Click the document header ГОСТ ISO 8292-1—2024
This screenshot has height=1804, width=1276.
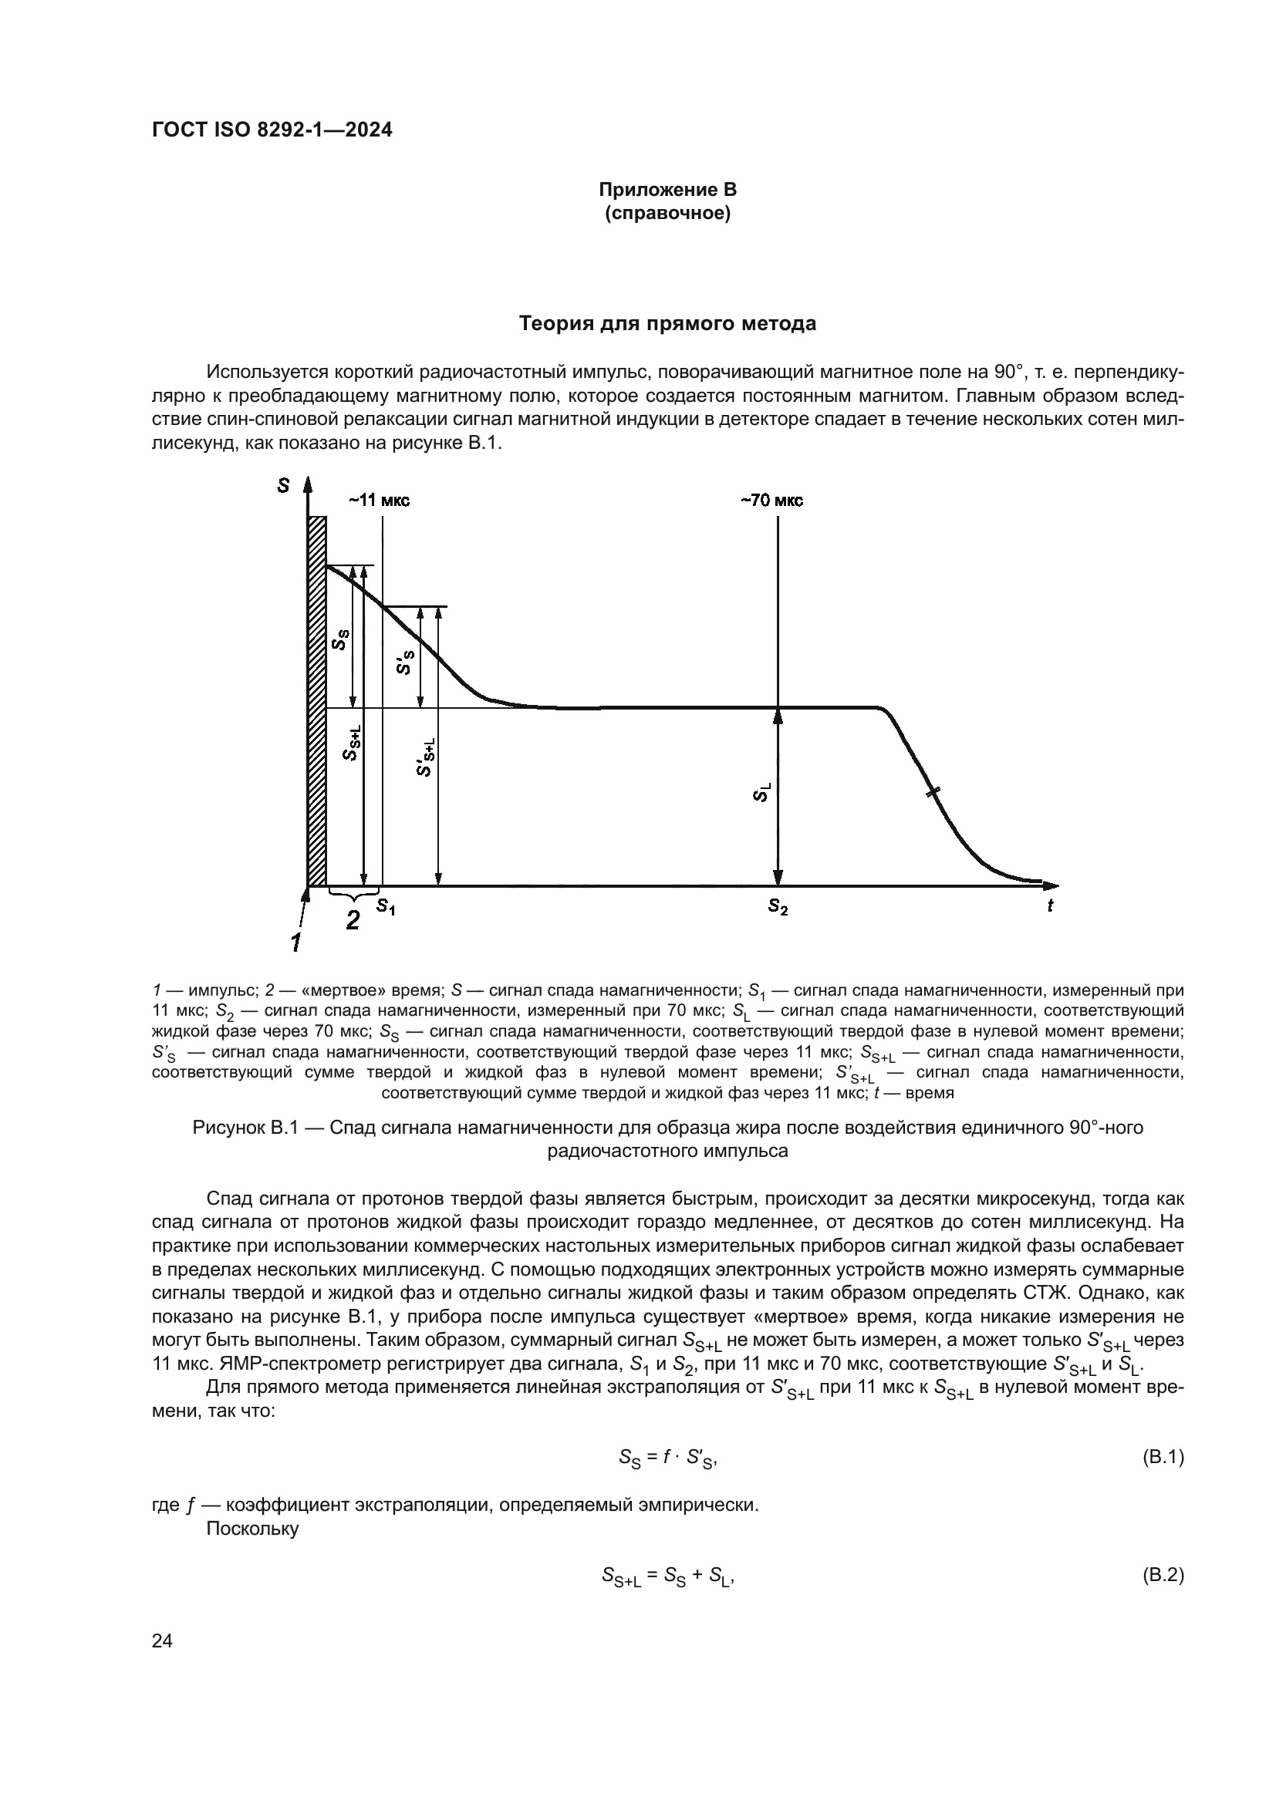pyautogui.click(x=272, y=130)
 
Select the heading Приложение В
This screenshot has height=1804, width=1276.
pyautogui.click(x=667, y=190)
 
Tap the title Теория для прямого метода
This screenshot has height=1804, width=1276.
pyautogui.click(x=667, y=324)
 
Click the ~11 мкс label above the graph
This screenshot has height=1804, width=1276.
pyautogui.click(x=380, y=501)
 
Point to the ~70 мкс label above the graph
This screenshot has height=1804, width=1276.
pyautogui.click(x=771, y=501)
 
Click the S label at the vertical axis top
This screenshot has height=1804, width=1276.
pyautogui.click(x=283, y=487)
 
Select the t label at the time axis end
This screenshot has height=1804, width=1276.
pyautogui.click(x=1050, y=906)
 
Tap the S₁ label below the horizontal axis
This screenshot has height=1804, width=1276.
pyautogui.click(x=385, y=907)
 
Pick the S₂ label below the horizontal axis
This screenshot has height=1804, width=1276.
pyautogui.click(x=778, y=907)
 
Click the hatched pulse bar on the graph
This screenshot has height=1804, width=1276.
pyautogui.click(x=316, y=700)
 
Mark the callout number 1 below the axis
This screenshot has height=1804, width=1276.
pyautogui.click(x=296, y=941)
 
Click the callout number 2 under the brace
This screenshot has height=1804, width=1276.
pyautogui.click(x=353, y=920)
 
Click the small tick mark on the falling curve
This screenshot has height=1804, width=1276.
pyautogui.click(x=932, y=793)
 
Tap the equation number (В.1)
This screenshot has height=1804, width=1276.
pyautogui.click(x=1161, y=1458)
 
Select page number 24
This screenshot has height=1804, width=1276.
pyautogui.click(x=162, y=1663)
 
